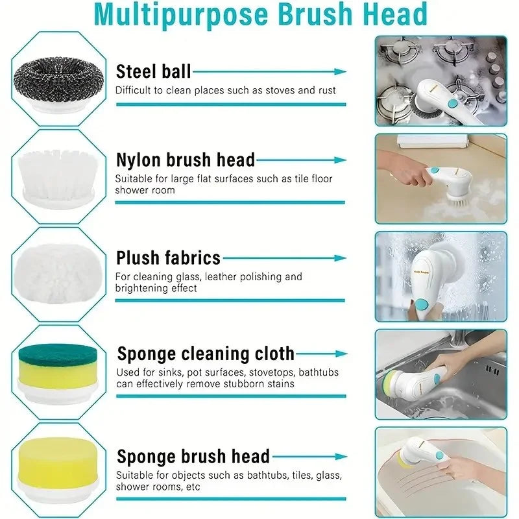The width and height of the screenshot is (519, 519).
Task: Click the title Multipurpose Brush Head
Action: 259,14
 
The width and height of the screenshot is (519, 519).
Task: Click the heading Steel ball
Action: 153,71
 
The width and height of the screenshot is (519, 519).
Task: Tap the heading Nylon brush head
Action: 185,160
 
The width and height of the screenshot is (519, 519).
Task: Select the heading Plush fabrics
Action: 168,258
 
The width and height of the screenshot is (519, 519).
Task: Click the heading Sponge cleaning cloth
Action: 205,354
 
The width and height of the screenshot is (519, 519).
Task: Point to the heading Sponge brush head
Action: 193,456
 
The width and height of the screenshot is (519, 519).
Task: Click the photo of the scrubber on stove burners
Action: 441,80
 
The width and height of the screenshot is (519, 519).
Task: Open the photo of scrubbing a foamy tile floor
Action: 441,178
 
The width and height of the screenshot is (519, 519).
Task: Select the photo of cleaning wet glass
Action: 441,276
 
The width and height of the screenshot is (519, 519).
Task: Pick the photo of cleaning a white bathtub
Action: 441,472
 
